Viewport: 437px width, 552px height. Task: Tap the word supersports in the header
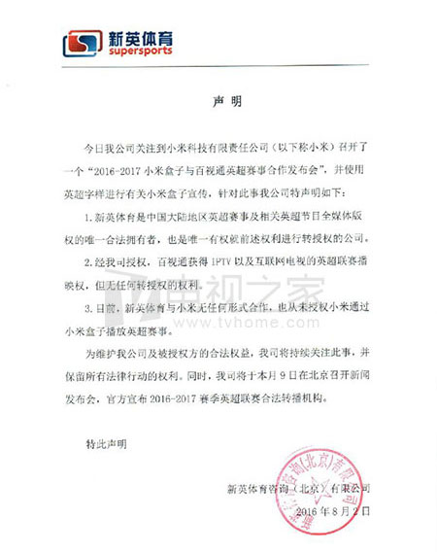[142, 52]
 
